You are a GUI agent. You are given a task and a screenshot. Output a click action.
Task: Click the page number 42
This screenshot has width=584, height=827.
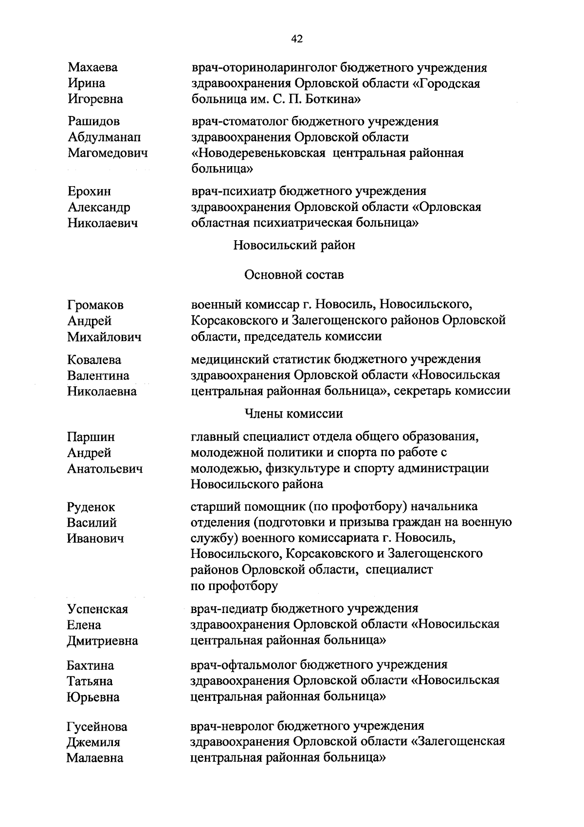(297, 39)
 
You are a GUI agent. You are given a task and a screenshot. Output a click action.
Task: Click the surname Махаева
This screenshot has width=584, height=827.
(92, 68)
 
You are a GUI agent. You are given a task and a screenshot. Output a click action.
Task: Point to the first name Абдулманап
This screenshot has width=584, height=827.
(104, 137)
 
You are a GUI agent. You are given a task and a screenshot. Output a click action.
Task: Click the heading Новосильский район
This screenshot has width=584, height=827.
(294, 245)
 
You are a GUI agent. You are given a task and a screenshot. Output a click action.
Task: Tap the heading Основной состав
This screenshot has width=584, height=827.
(294, 275)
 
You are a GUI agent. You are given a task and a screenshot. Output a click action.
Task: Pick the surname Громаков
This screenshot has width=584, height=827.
(95, 306)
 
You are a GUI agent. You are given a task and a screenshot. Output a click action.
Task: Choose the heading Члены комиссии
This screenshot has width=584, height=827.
(293, 414)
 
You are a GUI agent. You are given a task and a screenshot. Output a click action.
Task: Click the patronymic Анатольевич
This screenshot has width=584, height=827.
(105, 469)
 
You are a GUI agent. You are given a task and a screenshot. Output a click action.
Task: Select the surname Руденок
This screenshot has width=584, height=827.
(91, 508)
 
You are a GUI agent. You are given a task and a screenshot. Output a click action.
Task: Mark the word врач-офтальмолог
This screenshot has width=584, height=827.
(243, 665)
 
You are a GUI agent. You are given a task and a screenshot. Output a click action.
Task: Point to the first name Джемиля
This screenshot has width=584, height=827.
(93, 743)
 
